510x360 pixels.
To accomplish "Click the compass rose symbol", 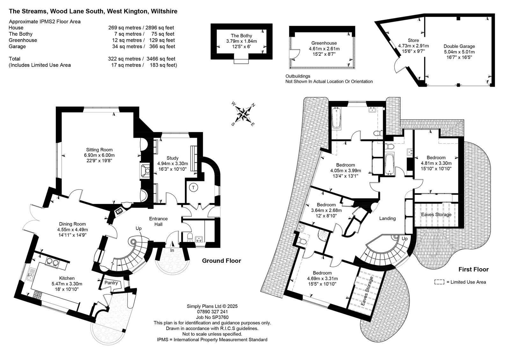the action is (x=244, y=114).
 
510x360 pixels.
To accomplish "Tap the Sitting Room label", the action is (x=99, y=150).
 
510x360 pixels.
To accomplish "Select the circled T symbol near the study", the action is (x=193, y=188).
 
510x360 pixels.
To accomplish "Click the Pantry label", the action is (x=111, y=283).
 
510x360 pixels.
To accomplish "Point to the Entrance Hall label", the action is (x=158, y=221).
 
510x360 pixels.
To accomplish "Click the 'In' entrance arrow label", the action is (x=172, y=250).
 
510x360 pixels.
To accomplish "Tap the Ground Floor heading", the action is (x=222, y=261).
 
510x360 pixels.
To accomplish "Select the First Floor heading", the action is (x=474, y=270).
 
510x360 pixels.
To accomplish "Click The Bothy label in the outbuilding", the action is (x=241, y=36).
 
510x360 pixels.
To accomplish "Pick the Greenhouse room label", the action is (x=324, y=43).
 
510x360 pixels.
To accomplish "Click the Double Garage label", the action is (x=459, y=46).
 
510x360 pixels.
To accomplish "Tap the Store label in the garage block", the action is (x=413, y=40).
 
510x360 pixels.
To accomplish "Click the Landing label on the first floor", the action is (x=387, y=219).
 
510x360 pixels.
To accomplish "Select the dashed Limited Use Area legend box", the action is (x=439, y=282).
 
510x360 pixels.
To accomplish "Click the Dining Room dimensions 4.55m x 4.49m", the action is (x=72, y=229).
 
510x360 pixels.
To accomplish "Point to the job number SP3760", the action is (x=212, y=317).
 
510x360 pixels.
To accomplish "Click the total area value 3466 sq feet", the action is (x=161, y=59).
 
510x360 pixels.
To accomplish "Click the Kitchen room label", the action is (x=67, y=278).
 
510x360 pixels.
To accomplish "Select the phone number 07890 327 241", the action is (x=212, y=312).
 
